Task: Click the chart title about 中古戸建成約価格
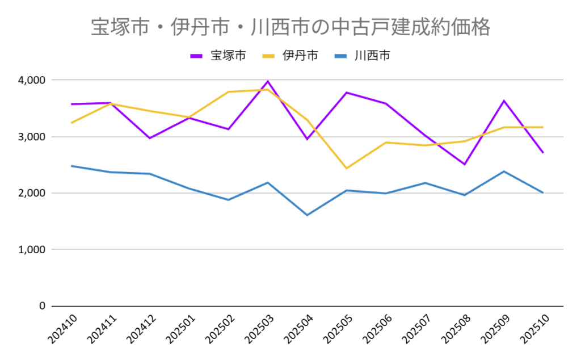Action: click(x=290, y=27)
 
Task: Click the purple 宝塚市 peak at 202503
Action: click(x=268, y=81)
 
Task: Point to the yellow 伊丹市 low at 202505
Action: click(x=347, y=168)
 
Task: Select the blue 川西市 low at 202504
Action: click(x=307, y=215)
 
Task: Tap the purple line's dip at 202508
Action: click(x=464, y=164)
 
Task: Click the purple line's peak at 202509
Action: click(x=504, y=101)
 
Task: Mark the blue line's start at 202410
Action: click(x=71, y=166)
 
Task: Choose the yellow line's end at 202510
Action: click(x=543, y=127)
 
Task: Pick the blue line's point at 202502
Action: click(x=229, y=200)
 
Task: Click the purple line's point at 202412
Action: click(x=150, y=138)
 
